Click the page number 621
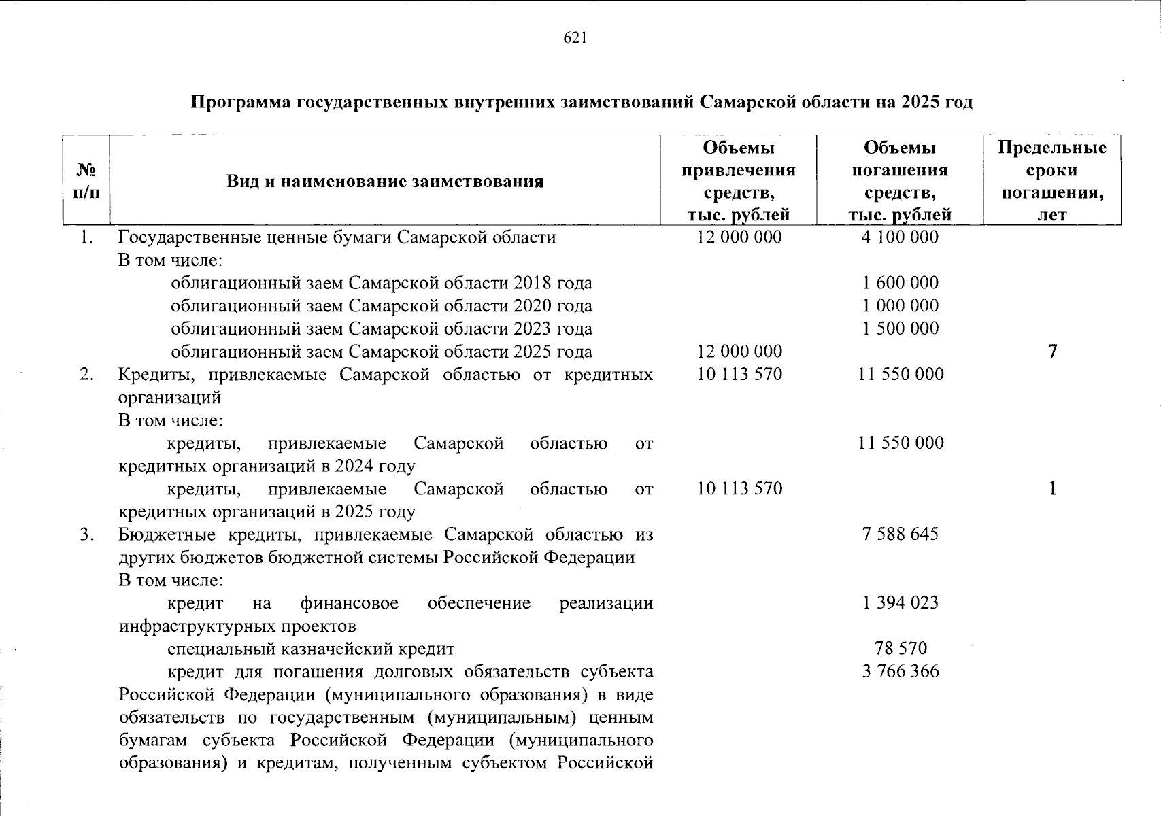(575, 39)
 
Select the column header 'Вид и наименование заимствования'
(385, 182)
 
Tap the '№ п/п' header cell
(86, 180)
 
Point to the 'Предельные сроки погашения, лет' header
(1052, 181)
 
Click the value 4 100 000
(900, 237)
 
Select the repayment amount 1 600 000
(900, 283)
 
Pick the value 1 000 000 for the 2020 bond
(900, 306)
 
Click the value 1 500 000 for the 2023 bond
(900, 328)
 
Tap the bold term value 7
(1052, 352)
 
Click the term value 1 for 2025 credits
(1052, 489)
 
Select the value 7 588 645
(900, 534)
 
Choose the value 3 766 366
(900, 672)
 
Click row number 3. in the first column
(86, 534)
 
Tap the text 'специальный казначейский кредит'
(311, 649)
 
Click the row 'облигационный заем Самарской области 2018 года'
(381, 284)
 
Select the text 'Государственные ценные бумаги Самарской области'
(337, 238)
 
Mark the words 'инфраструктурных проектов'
(237, 626)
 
